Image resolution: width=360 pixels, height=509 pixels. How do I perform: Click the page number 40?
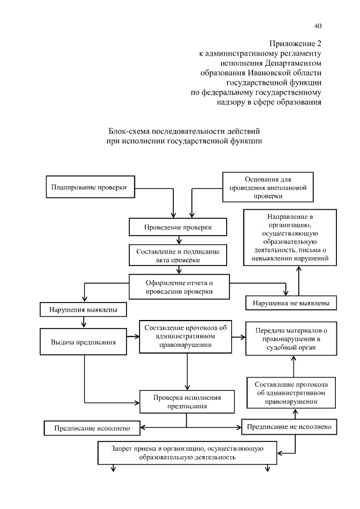318,25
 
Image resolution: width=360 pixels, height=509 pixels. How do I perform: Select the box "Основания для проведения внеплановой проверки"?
268,187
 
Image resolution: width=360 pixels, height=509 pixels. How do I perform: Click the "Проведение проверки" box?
178,227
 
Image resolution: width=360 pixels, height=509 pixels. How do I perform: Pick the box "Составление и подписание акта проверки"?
178,254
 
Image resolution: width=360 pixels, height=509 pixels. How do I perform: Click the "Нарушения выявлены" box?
83,309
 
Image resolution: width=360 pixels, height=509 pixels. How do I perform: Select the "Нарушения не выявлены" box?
291,303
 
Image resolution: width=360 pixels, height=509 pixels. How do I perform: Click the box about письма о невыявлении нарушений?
290,237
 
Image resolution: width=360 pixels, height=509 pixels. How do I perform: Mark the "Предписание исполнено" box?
92,428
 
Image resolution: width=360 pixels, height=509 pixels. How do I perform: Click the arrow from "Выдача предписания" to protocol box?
134,337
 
